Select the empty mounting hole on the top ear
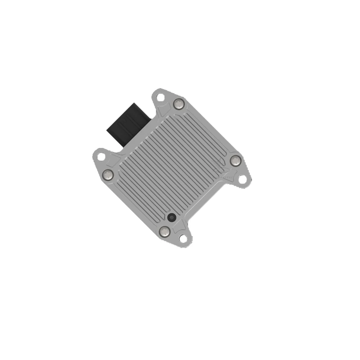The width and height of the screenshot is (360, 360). (x=160, y=96)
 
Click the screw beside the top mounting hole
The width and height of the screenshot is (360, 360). (x=179, y=104)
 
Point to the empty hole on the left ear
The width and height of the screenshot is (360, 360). (x=101, y=157)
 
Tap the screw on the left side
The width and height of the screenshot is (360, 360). (x=108, y=174)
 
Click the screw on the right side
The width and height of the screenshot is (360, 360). (x=235, y=160)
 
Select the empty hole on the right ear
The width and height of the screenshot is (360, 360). (x=242, y=179)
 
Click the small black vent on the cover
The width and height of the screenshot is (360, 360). (x=171, y=217)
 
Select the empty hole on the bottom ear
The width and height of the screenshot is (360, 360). (x=183, y=238)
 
